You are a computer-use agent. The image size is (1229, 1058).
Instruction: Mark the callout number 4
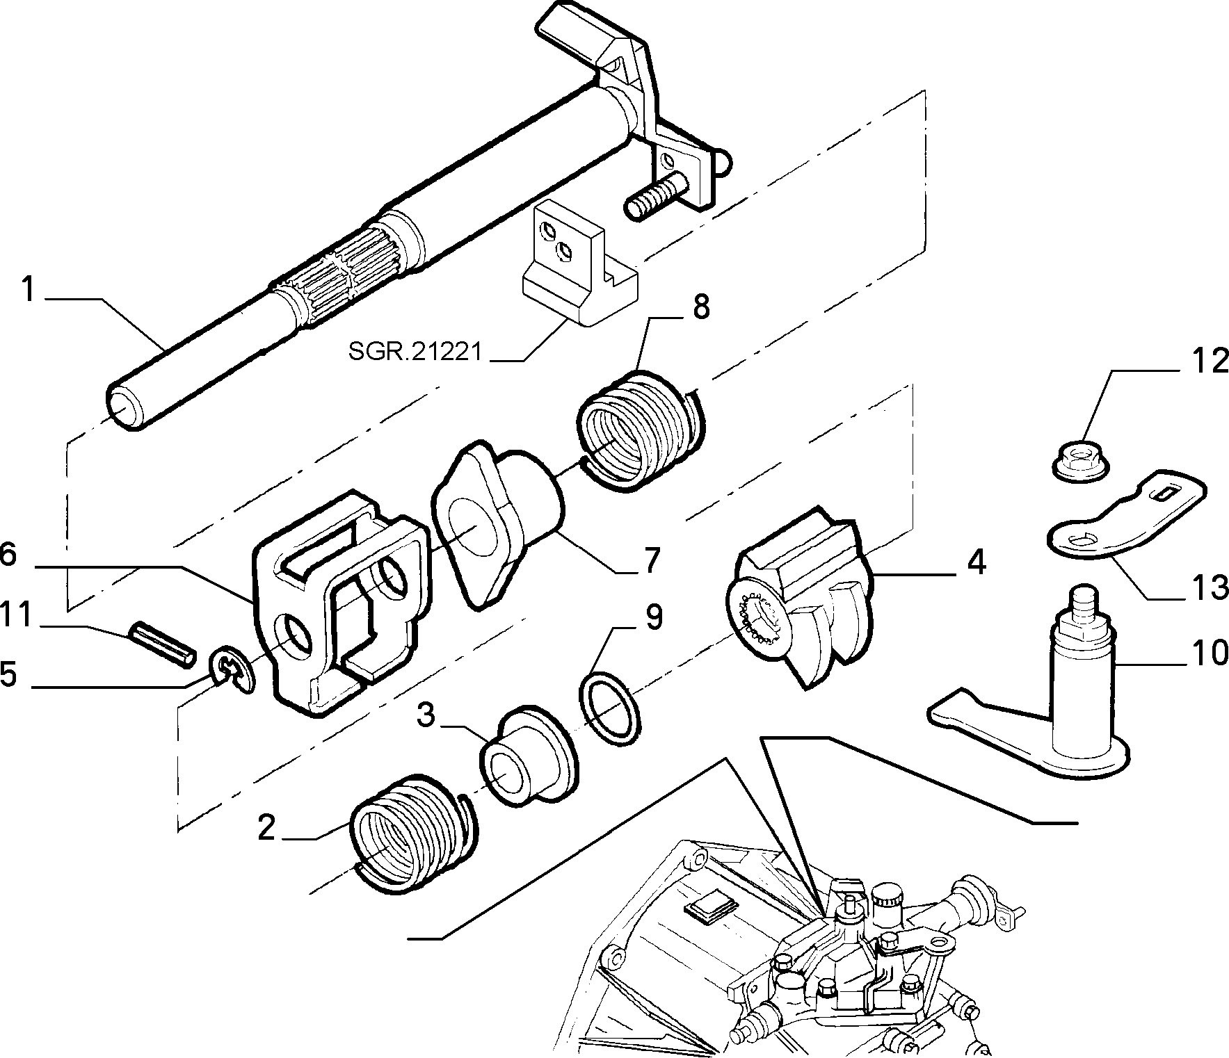tap(977, 562)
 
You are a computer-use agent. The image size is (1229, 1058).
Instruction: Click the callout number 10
tap(1210, 653)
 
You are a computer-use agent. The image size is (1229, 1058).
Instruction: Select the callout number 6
tap(8, 557)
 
